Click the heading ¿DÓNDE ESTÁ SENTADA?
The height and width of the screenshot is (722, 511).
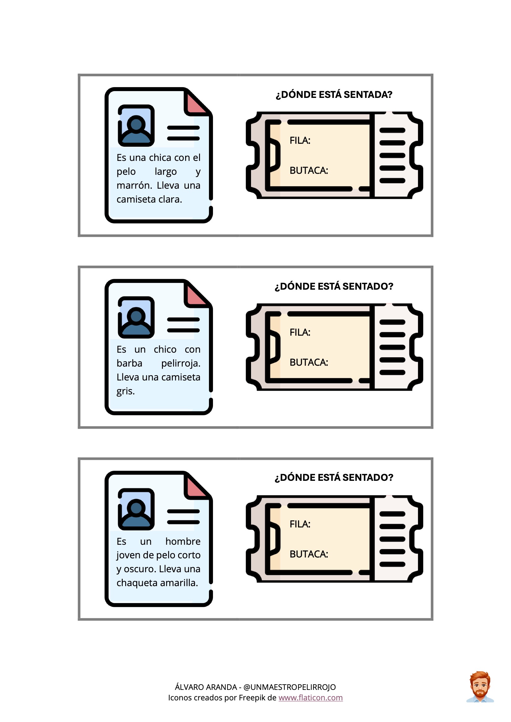(x=334, y=95)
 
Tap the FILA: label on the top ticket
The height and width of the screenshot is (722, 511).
(x=300, y=141)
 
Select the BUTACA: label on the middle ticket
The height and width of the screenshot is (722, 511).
(x=309, y=362)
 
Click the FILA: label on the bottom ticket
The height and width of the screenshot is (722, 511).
(x=300, y=524)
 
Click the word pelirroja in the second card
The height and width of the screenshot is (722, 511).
(x=181, y=363)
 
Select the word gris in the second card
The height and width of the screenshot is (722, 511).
(x=125, y=391)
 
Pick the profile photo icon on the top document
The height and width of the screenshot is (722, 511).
(x=136, y=125)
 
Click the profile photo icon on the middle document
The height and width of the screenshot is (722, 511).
(x=136, y=317)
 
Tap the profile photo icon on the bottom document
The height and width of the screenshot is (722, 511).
(x=136, y=509)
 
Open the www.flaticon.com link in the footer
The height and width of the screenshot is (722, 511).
(x=310, y=698)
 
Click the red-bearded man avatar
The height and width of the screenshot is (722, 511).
(x=480, y=687)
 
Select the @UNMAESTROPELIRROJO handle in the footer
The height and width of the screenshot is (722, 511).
(x=289, y=687)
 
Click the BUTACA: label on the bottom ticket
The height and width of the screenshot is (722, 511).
(x=309, y=554)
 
